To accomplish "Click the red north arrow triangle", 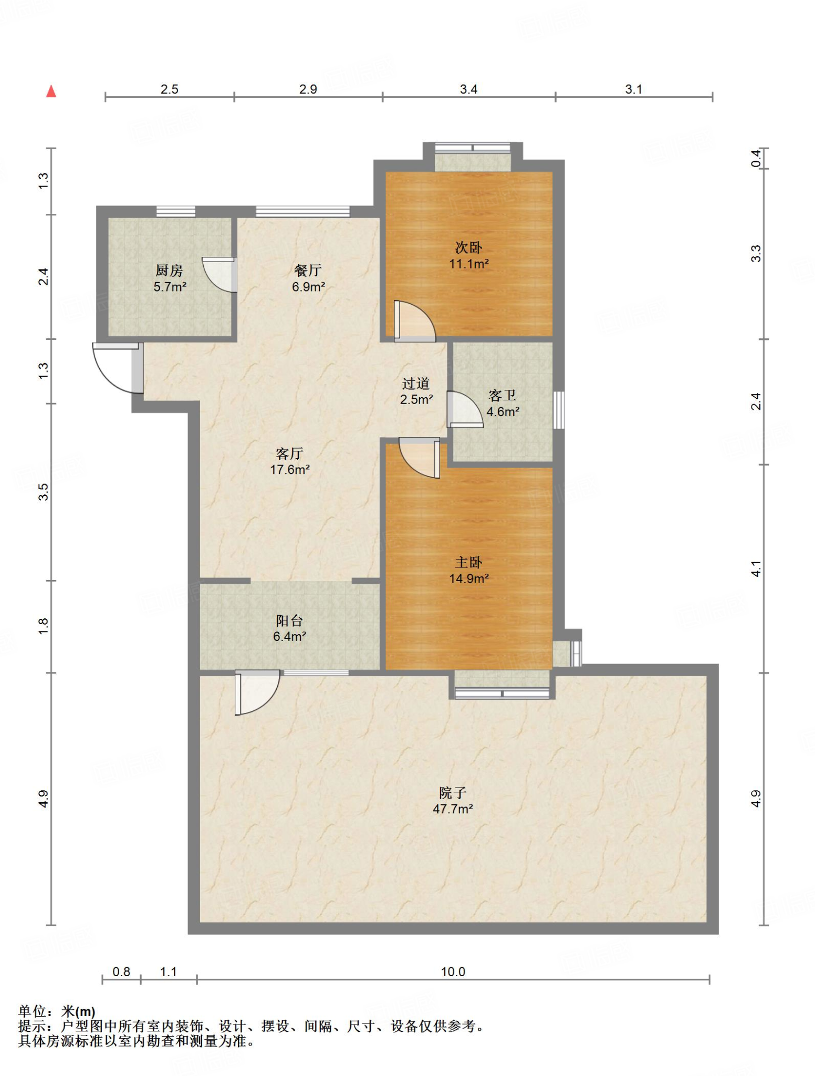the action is pos(51,91).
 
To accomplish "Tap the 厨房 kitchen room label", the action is pos(169,271).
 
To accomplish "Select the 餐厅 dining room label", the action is pos(308,271).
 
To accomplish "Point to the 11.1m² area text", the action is pos(469,264).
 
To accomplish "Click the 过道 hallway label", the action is pos(416,384).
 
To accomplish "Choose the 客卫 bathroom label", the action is pos(502,395).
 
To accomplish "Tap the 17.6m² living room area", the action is pos(290,470).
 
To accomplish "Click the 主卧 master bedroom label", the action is pos(468,563).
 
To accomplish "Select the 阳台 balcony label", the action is pos(289,620).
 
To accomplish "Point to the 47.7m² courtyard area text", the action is pos(453,809).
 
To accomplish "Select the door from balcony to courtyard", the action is pos(257,692).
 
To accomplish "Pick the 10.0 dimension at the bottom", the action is pos(453,971).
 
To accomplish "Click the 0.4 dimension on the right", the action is pos(755,159).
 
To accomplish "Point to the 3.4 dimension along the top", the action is pos(468,89).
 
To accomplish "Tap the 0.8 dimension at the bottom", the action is pos(121,971).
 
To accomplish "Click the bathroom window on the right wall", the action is pos(559,410).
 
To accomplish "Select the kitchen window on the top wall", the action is pos(176,212).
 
